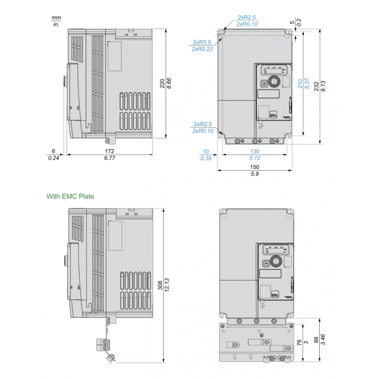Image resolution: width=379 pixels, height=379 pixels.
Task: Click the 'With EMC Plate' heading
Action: (x=70, y=196)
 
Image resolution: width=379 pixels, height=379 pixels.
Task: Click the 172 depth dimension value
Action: (x=109, y=152)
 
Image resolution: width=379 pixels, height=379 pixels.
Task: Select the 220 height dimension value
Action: (x=162, y=84)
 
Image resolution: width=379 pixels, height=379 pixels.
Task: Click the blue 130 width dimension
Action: (x=255, y=152)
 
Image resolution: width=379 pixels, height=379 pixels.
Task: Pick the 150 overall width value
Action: (x=255, y=168)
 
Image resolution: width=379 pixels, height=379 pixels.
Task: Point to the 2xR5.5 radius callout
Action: (x=202, y=42)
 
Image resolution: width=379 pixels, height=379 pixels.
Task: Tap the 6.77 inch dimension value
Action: (x=109, y=158)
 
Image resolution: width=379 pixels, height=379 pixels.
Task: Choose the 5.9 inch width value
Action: (x=255, y=174)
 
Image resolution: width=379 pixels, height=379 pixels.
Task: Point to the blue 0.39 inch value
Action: (x=205, y=158)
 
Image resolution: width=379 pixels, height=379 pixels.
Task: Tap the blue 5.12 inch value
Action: (x=255, y=158)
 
